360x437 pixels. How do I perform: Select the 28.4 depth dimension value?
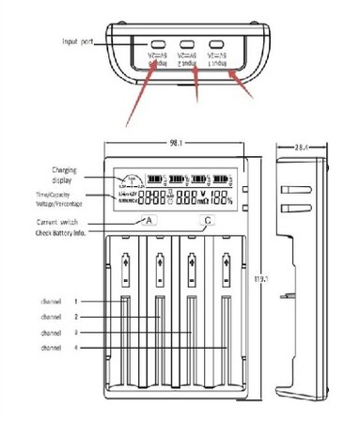pos(299,147)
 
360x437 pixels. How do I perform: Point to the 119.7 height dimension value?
pos(261,279)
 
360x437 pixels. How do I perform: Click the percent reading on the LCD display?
pos(221,198)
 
